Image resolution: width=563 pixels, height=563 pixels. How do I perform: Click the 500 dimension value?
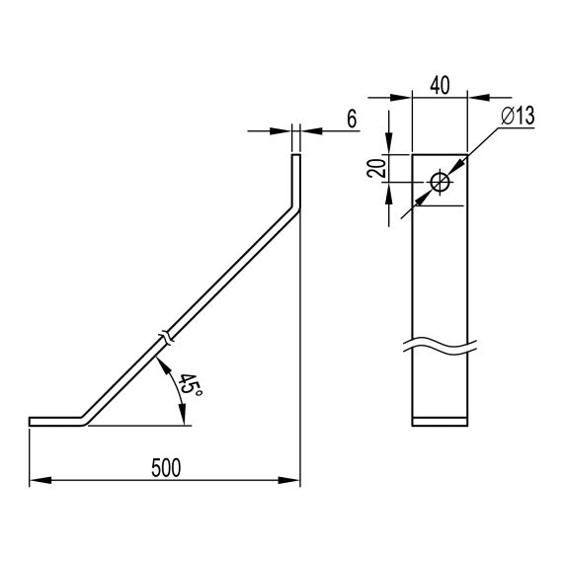166,468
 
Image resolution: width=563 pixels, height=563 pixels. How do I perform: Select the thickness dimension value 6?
352,119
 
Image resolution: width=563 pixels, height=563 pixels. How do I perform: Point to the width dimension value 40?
440,86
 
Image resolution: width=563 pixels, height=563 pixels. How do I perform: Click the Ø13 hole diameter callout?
518,116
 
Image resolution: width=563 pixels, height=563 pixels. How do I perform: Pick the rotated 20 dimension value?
376,168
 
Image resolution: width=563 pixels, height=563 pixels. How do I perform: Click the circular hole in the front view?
441,182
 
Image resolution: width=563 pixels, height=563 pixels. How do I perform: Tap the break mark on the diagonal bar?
167,337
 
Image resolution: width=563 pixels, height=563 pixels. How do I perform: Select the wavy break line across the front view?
440,346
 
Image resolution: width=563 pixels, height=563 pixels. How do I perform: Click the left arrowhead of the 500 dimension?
40,480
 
